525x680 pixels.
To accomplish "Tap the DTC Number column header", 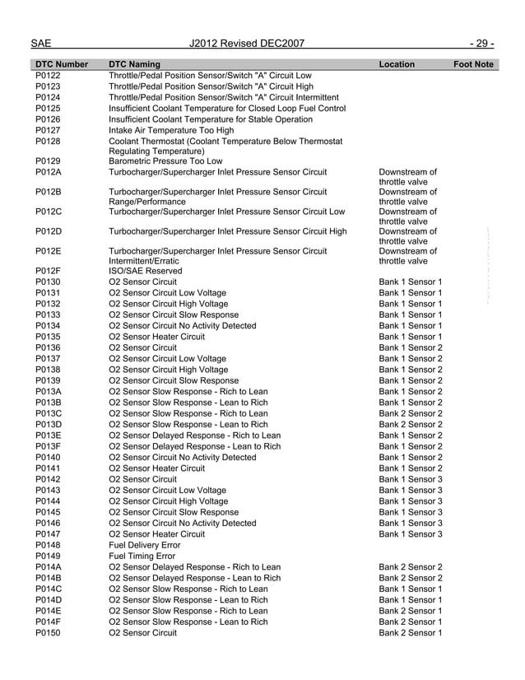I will point(63,64).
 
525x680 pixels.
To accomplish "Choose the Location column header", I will point(397,64).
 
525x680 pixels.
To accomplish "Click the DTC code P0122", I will point(49,76).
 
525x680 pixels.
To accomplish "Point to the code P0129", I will point(49,161).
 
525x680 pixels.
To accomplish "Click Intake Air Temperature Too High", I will point(171,129).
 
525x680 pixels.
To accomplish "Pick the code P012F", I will point(49,271).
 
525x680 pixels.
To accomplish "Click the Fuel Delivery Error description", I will point(146,546).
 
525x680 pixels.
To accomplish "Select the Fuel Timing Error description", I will point(143,557).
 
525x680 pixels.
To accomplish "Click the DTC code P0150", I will point(49,633).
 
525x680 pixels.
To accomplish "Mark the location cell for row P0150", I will point(411,633).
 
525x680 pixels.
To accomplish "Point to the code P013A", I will point(49,392).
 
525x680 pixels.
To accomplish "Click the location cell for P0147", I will point(411,534).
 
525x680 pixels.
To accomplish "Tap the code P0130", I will point(49,282).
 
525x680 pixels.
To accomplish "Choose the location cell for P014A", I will point(411,567).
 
